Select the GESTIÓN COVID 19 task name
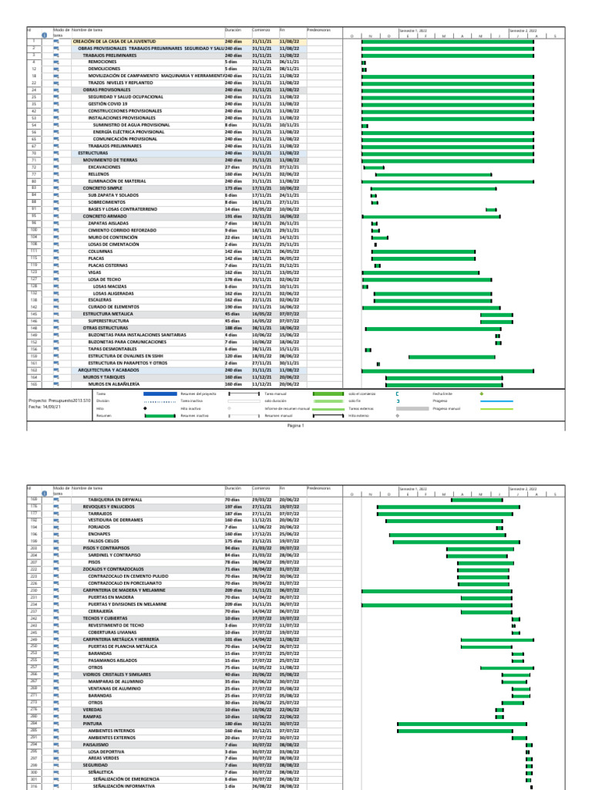pyautogui.click(x=108, y=103)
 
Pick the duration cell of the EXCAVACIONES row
pyautogui.click(x=232, y=167)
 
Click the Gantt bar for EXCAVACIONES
pyautogui.click(x=373, y=167)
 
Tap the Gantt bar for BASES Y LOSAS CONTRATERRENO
pyautogui.click(x=491, y=209)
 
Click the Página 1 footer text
pyautogui.click(x=296, y=425)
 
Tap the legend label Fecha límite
pyautogui.click(x=442, y=393)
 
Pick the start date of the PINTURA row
pyautogui.click(x=262, y=724)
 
